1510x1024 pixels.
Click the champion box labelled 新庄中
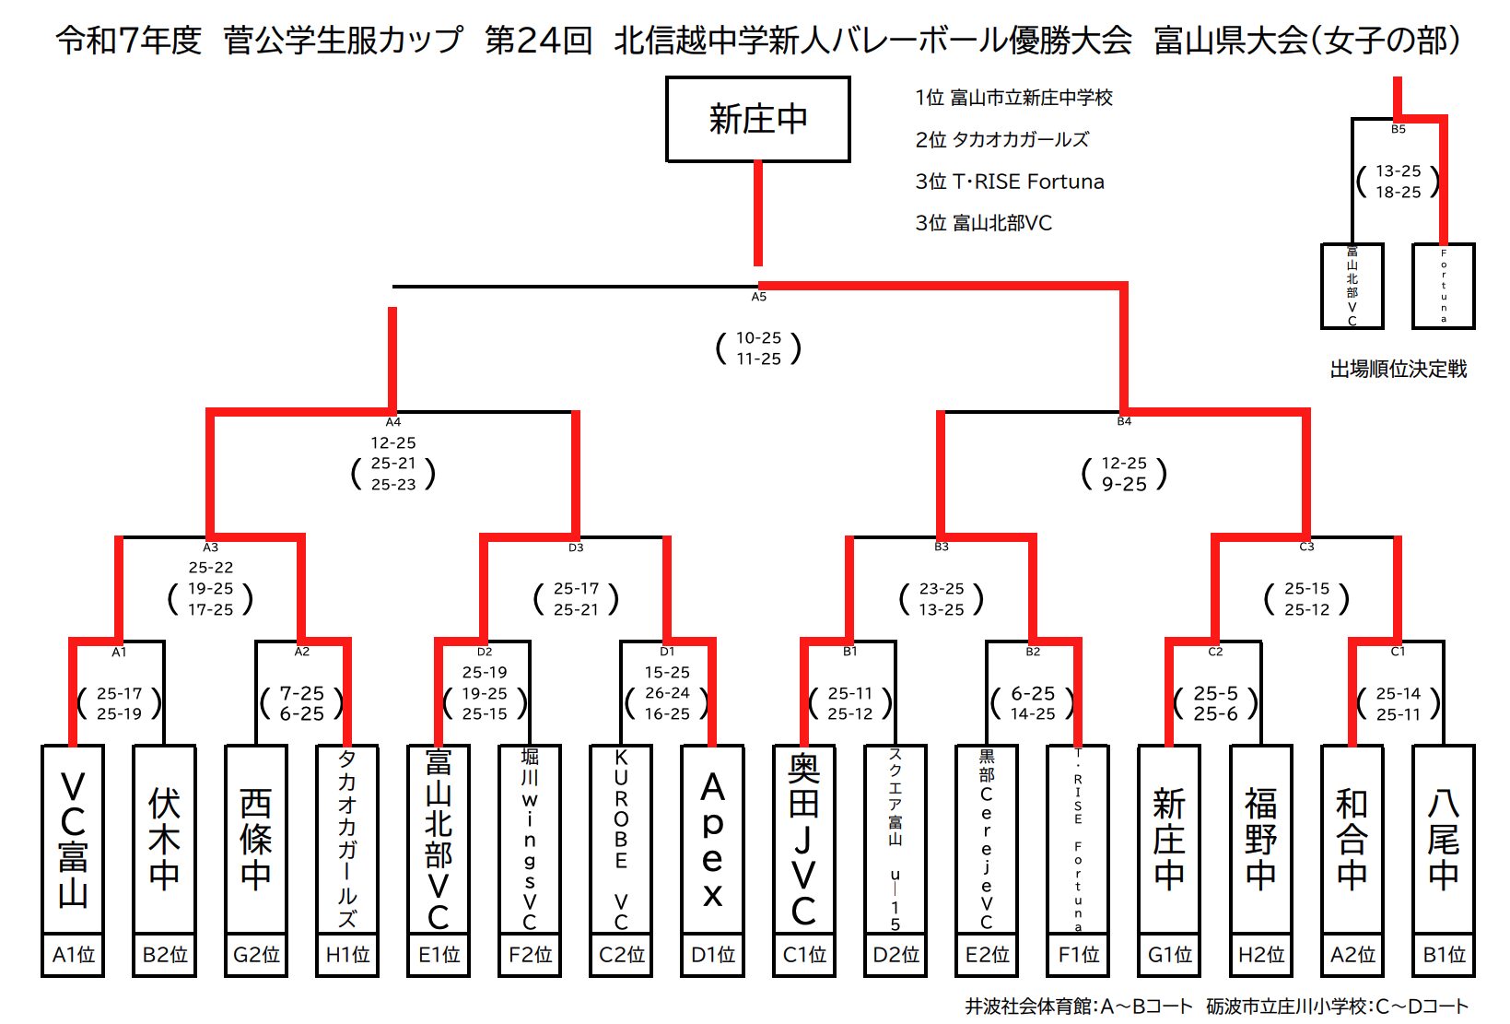pyautogui.click(x=757, y=120)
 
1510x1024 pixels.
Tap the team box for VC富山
pyautogui.click(x=73, y=839)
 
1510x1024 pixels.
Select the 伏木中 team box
pyautogui.click(x=164, y=839)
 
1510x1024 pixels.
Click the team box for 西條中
pyautogui.click(x=255, y=839)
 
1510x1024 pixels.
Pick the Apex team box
pyautogui.click(x=712, y=839)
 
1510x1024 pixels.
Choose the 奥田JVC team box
pyautogui.click(x=803, y=839)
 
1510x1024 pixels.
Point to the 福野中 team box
pyautogui.click(x=1260, y=839)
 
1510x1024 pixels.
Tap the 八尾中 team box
pyautogui.click(x=1443, y=839)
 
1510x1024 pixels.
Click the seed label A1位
pyautogui.click(x=73, y=955)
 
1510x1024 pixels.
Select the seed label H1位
pyautogui.click(x=347, y=955)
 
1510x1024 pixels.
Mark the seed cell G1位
pyautogui.click(x=1169, y=955)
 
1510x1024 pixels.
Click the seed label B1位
pyautogui.click(x=1443, y=955)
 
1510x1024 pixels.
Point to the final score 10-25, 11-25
pyautogui.click(x=758, y=348)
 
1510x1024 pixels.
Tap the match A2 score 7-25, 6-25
pyautogui.click(x=302, y=703)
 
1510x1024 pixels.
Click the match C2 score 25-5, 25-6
pyautogui.click(x=1215, y=703)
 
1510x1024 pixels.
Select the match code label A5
pyautogui.click(x=758, y=297)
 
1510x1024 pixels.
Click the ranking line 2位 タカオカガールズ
pyautogui.click(x=1001, y=139)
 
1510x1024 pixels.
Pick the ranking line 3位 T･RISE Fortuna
pyautogui.click(x=1009, y=182)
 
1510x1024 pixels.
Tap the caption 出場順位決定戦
pyautogui.click(x=1398, y=370)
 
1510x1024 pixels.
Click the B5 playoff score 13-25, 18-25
pyautogui.click(x=1398, y=182)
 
